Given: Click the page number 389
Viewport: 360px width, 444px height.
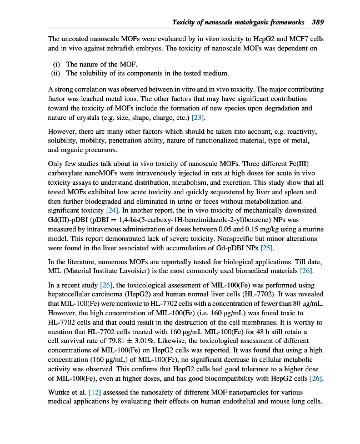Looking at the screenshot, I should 318,22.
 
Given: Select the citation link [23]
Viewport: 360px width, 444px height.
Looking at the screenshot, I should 197,118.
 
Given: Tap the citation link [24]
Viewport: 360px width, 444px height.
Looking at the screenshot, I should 112,210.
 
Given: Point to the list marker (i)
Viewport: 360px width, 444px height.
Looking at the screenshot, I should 56,64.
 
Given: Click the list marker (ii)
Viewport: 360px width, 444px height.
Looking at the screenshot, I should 55,73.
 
